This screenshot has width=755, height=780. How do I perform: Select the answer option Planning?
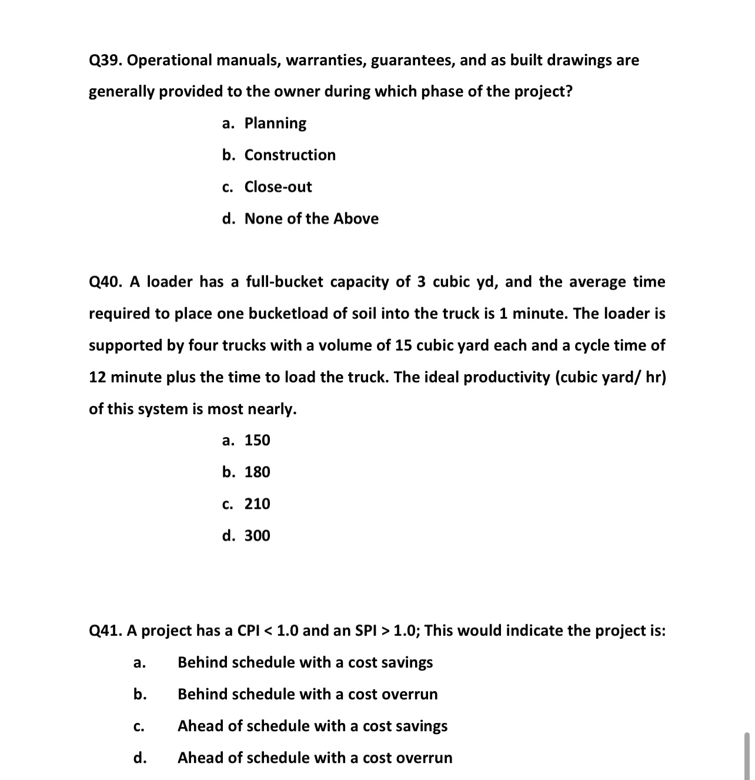point(275,124)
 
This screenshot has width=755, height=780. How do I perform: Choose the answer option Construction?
point(290,155)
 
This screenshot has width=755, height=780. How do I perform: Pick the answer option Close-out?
point(278,187)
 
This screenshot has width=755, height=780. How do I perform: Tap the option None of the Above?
point(311,219)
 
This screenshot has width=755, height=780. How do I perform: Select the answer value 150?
point(257,441)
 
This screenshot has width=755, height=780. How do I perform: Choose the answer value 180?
point(257,472)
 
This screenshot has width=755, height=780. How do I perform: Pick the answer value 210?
point(257,504)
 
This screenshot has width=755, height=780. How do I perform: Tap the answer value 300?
point(257,536)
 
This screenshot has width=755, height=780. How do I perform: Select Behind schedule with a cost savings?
point(305,663)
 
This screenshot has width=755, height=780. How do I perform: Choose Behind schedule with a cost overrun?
point(308,695)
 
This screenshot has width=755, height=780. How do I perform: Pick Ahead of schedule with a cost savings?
point(312,726)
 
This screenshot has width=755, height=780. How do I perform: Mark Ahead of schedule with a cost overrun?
point(315,758)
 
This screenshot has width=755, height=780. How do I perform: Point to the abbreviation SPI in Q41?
point(368,631)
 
